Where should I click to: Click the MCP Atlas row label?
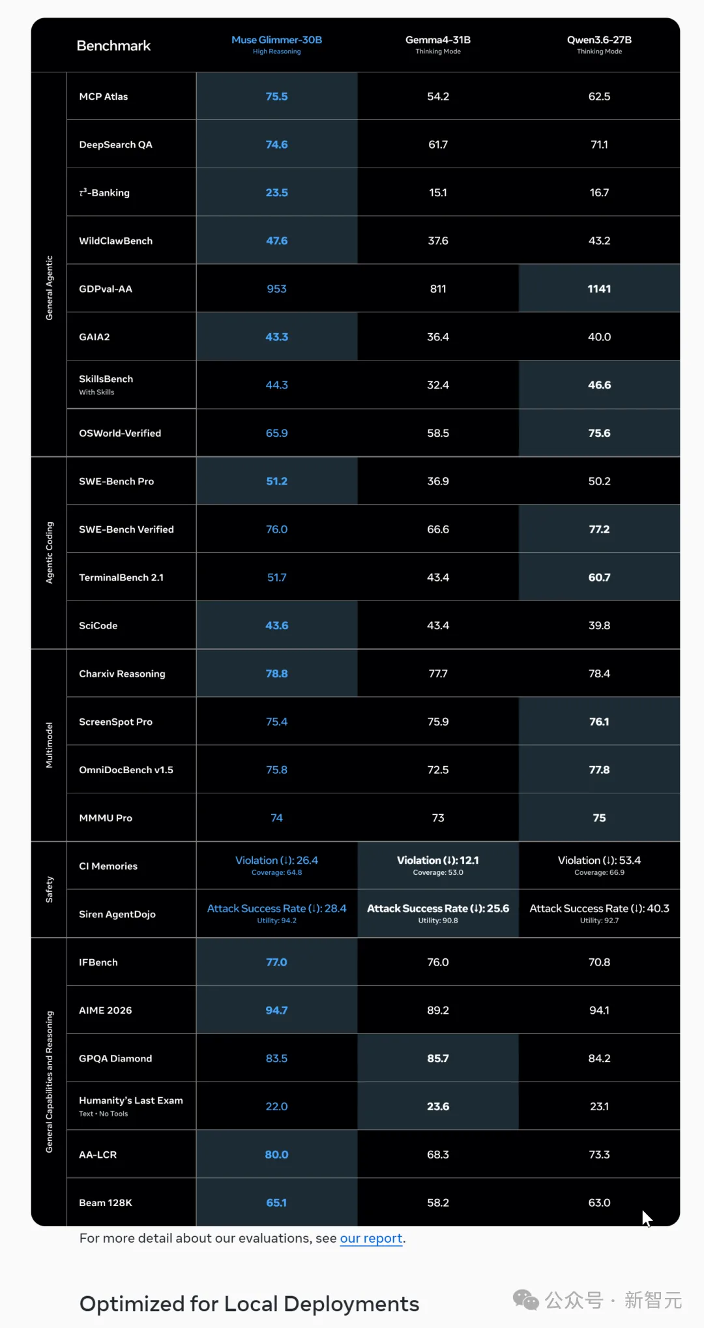[104, 96]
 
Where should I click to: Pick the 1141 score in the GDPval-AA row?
[599, 289]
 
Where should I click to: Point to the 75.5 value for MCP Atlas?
[276, 96]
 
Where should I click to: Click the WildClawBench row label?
[116, 241]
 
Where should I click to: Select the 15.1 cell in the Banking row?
[438, 192]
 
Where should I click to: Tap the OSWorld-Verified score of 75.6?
[599, 433]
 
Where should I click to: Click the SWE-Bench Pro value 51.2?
[276, 481]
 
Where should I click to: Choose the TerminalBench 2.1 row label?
[121, 578]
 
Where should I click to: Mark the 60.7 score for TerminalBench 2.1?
[599, 578]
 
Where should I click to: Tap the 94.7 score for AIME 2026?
[276, 1011]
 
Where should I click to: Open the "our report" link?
[371, 1238]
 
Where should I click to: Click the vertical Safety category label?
[49, 889]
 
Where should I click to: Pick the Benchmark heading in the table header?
[113, 46]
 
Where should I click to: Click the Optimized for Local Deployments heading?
[249, 1304]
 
